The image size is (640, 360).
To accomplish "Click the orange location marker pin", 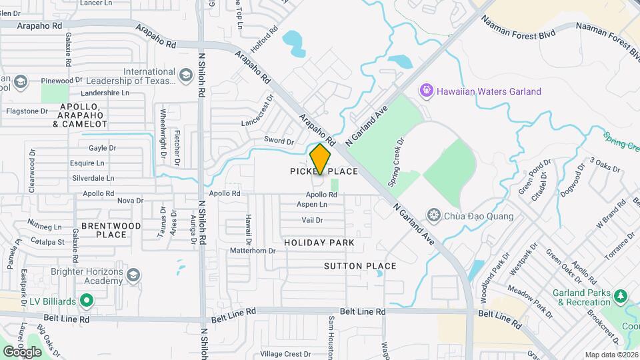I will (321, 159).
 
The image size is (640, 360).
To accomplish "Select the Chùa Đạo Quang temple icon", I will (435, 215).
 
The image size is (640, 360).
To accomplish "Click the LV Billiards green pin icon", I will (86, 301).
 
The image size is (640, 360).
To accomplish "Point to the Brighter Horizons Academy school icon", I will (133, 275).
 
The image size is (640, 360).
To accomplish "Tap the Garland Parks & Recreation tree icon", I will (621, 295).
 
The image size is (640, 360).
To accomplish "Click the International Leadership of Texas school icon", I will (186, 77).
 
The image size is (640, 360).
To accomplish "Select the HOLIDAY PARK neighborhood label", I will (319, 243).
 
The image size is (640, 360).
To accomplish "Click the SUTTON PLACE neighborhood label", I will (360, 266).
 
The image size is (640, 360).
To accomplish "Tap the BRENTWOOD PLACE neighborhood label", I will (111, 230).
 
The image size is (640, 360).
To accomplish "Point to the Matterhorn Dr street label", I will (252, 251).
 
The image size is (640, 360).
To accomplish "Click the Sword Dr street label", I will (279, 141).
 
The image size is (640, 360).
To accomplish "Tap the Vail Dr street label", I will (312, 220).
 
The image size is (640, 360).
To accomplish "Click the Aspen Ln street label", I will (312, 205).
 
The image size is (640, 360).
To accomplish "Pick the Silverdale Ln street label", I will (93, 178).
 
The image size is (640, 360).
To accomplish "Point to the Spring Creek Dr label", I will (397, 162).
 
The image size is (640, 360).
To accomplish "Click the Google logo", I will (22, 351).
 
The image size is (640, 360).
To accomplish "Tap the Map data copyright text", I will (611, 355).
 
